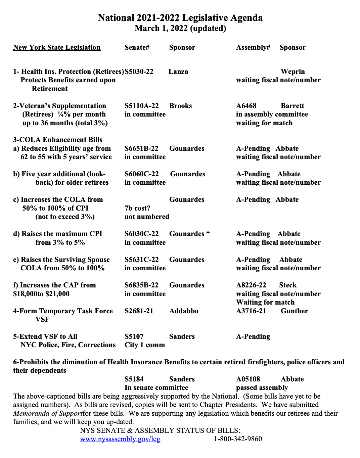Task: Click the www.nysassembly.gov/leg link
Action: [x=120, y=439]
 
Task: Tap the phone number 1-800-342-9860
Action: [x=238, y=439]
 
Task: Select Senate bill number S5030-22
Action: [x=139, y=72]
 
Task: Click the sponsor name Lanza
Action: [x=178, y=72]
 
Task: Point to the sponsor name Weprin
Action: [x=292, y=72]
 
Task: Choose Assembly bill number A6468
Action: [x=246, y=106]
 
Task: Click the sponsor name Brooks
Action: [x=180, y=106]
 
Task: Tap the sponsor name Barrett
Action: [x=292, y=106]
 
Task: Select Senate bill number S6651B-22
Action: [x=141, y=148]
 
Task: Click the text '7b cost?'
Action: [x=137, y=208]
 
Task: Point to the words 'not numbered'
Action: [x=147, y=217]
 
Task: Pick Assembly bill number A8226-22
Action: [x=251, y=285]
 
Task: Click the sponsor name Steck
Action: [x=288, y=285]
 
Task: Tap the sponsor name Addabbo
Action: [x=184, y=311]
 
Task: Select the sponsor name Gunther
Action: [x=294, y=311]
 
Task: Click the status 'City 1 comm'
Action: [x=144, y=345]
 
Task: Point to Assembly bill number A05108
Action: [x=248, y=379]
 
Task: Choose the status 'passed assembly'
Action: [x=262, y=387]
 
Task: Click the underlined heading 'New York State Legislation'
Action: [x=57, y=47]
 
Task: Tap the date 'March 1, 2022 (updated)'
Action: [x=180, y=28]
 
